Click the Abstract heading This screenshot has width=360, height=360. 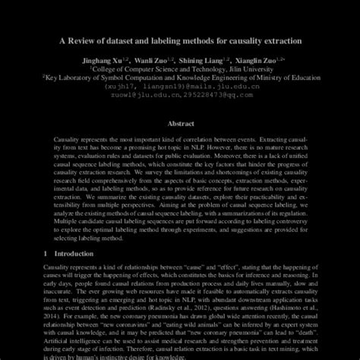(x=180, y=122)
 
